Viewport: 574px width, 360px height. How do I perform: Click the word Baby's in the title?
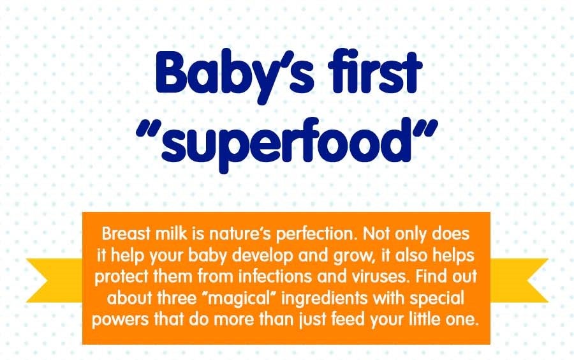click(x=234, y=76)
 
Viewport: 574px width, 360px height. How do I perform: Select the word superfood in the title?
click(x=286, y=143)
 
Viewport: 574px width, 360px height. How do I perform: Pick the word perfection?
click(x=316, y=234)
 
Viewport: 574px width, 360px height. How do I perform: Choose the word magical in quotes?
click(x=238, y=299)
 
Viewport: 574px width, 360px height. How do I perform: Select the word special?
click(x=437, y=299)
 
